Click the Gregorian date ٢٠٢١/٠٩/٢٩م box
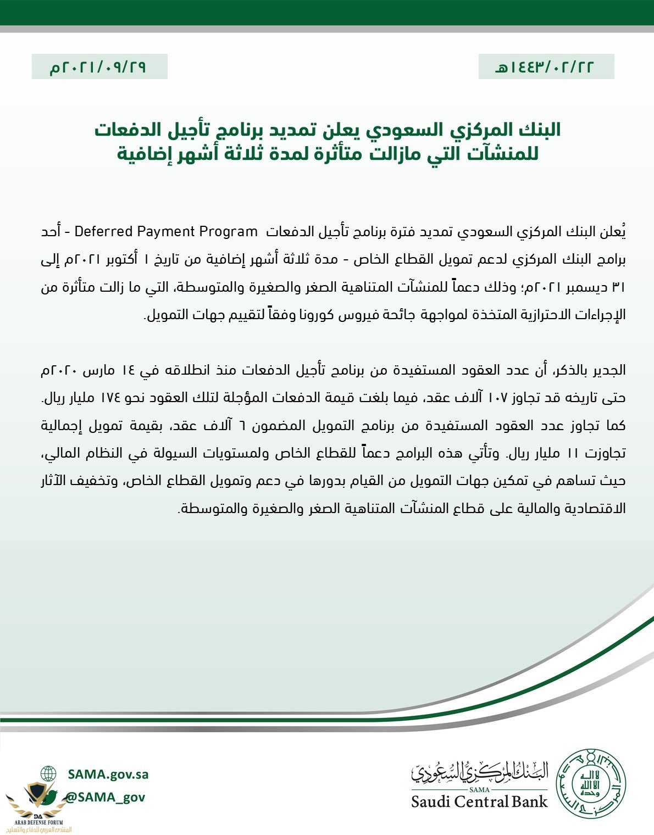pos(99,66)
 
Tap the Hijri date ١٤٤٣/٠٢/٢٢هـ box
pos(546,66)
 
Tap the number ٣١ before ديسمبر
pos(618,287)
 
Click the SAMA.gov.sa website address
pos(108,774)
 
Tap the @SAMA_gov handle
pos(105,797)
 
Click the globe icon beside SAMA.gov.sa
pos(48,774)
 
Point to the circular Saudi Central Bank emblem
pos(592,782)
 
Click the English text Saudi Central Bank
pos(479,801)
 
